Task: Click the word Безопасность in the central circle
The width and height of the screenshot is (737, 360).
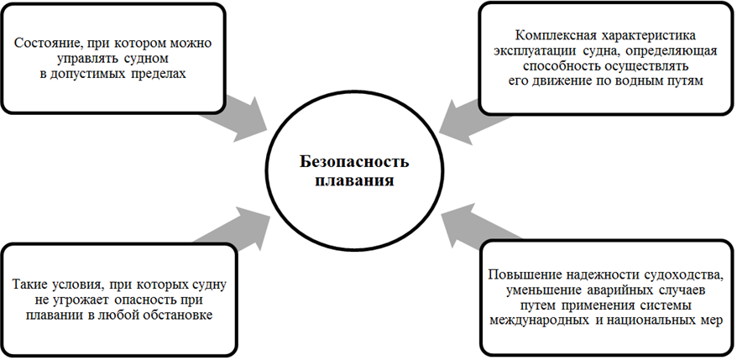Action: coord(363,163)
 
